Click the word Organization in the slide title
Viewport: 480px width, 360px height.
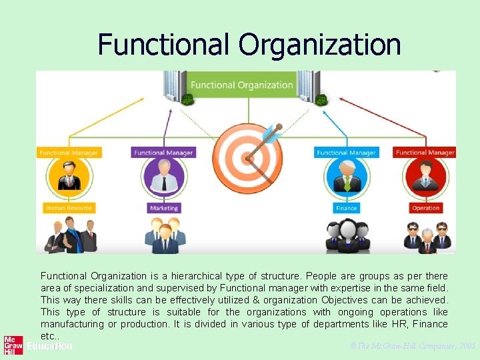click(x=319, y=45)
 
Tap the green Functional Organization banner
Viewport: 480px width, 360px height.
click(x=241, y=85)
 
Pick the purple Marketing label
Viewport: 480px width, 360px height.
click(x=164, y=208)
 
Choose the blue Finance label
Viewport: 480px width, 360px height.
click(x=346, y=208)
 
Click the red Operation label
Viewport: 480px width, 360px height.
click(x=425, y=208)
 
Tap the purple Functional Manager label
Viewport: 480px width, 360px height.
click(x=164, y=153)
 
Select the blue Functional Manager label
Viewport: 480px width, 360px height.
click(x=346, y=153)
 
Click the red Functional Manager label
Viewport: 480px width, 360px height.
click(x=425, y=153)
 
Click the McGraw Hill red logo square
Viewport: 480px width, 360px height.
click(x=13, y=345)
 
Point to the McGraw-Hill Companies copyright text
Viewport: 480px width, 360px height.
click(x=412, y=347)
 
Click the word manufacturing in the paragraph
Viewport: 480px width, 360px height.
click(x=71, y=324)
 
